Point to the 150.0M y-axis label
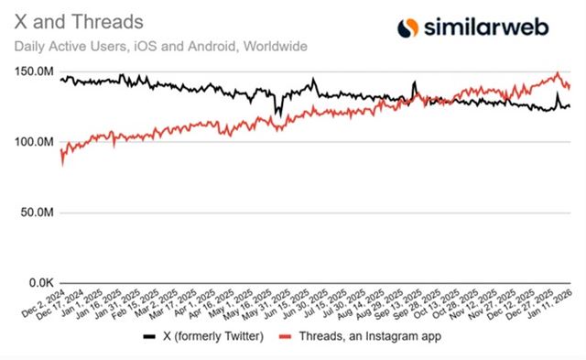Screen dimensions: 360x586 coord(32,72)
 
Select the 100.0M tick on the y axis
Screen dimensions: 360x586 coord(32,142)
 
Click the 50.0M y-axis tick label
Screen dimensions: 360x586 coord(35,213)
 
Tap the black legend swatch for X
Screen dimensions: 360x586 coord(149,336)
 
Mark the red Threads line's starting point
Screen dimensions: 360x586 coord(61,162)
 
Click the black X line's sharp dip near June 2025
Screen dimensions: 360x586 coord(277,114)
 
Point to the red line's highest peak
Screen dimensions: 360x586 coord(558,73)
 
